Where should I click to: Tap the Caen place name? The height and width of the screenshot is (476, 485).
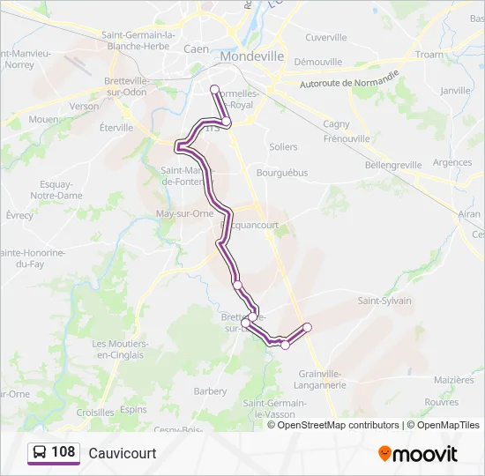pos(196,49)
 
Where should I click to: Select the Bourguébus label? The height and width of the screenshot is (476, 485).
pos(282,173)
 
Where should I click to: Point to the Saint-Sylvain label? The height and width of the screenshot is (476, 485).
pos(384,301)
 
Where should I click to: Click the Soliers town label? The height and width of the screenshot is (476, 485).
pos(283,146)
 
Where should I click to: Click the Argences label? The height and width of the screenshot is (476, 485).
pos(452,162)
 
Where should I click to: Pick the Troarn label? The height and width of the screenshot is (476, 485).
pos(429,55)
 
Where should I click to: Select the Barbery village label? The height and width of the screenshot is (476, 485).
pos(210,390)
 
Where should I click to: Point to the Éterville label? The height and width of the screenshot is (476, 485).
pos(116,127)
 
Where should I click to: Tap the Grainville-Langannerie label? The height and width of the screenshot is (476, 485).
pos(322,378)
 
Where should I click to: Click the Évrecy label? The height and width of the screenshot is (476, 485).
pos(19,215)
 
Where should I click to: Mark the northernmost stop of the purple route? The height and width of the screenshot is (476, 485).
pos(214,88)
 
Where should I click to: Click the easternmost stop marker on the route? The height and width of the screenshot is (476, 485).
pos(308,327)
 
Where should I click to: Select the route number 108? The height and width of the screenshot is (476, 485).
pos(63,452)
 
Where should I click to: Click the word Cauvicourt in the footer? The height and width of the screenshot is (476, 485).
pos(123,453)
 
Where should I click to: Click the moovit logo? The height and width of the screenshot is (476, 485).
pos(418,454)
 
